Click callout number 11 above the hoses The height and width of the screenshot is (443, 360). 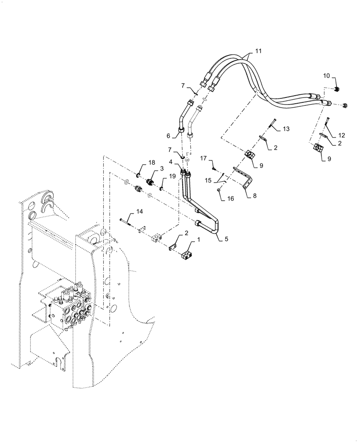click(x=258, y=51)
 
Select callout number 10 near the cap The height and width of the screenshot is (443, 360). click(x=326, y=76)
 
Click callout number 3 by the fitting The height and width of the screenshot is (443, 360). click(x=162, y=169)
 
